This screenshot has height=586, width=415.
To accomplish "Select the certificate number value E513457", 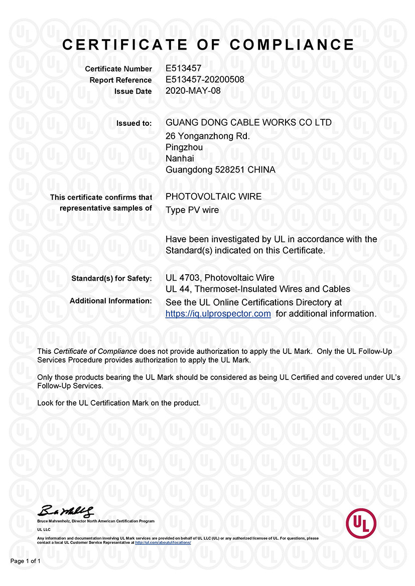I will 184,69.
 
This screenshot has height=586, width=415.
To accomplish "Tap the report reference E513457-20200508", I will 205,80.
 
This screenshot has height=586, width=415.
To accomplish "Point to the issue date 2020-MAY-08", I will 193,91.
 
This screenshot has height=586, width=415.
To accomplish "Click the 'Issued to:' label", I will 134,123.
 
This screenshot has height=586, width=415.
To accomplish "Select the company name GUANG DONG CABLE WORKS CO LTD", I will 248,122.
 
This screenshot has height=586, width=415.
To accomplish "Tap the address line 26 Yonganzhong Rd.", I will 207,136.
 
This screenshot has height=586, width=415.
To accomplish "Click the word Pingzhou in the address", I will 184,147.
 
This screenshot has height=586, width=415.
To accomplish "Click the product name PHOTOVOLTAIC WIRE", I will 213,197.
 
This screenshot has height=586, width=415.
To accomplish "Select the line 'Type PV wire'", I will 192,210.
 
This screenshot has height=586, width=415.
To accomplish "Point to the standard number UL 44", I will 177,289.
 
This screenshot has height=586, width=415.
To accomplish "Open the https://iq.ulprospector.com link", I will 218,314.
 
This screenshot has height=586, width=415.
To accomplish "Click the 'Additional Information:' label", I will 110,301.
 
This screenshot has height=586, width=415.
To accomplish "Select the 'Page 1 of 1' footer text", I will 26,561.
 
